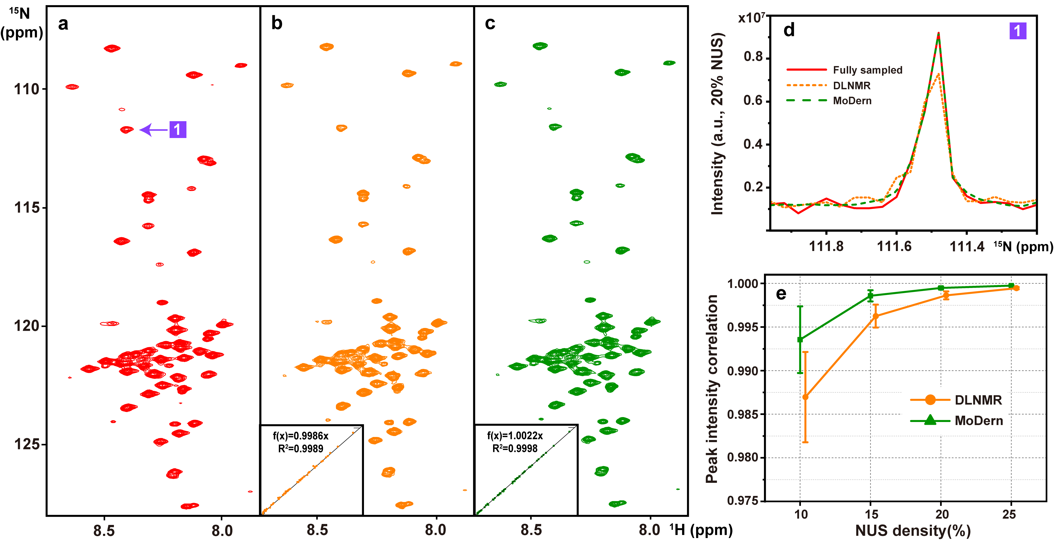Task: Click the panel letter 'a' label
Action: pos(63,24)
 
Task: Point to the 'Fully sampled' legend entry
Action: pos(867,70)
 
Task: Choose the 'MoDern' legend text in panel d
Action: pos(852,101)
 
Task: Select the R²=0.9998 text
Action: pos(515,449)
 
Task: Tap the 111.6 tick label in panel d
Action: pos(894,246)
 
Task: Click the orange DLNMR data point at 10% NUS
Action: pos(805,397)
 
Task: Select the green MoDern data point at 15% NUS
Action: pos(870,295)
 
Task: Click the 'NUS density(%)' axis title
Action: pos(912,531)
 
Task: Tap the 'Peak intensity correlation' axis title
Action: pos(712,389)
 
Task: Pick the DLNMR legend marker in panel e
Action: pos(930,400)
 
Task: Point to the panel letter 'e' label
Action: pos(781,294)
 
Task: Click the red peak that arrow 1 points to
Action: pos(127,130)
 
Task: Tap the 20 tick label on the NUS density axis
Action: pos(942,514)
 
